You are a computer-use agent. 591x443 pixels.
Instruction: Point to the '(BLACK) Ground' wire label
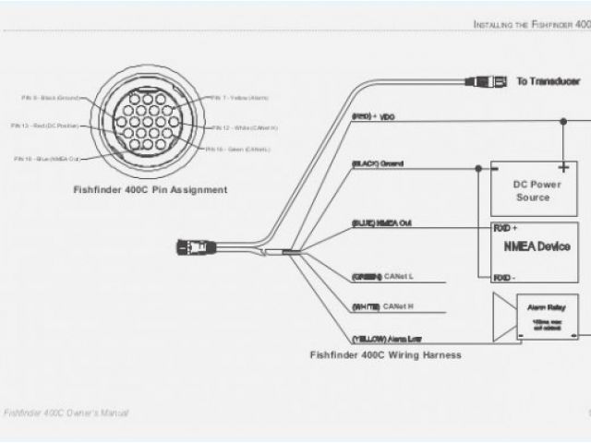tap(376, 163)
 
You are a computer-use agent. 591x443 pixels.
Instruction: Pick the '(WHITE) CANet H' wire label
tap(381, 305)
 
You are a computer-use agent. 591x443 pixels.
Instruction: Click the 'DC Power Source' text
tap(532, 191)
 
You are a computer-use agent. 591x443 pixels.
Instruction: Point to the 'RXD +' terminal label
tap(504, 226)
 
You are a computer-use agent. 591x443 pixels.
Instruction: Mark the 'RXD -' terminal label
tap(503, 277)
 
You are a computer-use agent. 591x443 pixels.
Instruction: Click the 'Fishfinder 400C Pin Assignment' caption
tap(150, 189)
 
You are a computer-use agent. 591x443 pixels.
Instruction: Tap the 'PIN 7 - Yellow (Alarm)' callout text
tap(237, 97)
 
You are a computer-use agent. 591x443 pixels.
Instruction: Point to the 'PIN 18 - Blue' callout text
tap(46, 159)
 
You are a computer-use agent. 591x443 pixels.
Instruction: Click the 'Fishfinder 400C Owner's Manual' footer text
tap(66, 413)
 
